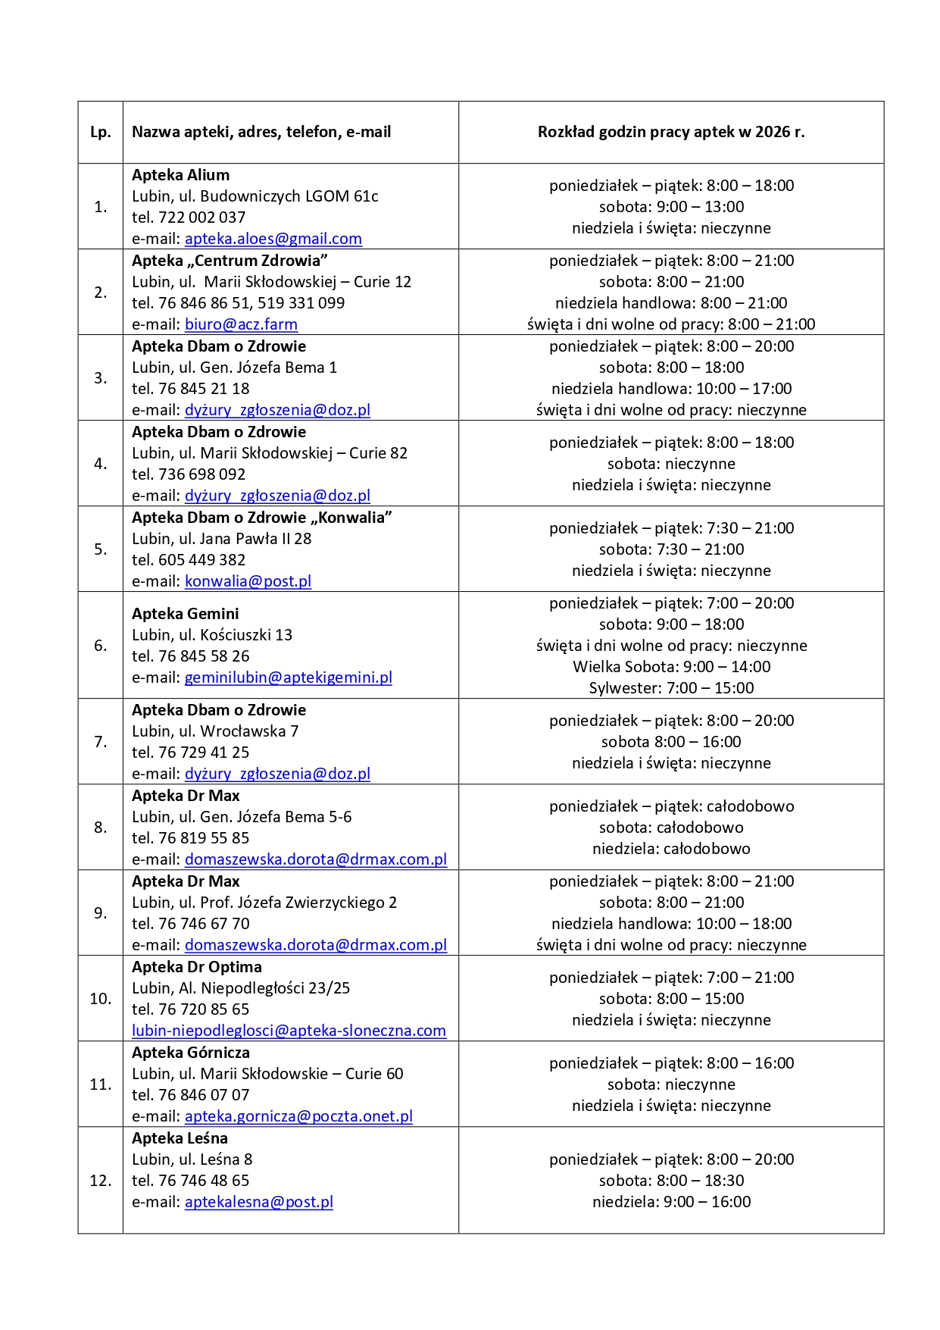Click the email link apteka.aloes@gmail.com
point(273,239)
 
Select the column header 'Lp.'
point(100,132)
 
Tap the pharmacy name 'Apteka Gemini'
point(185,614)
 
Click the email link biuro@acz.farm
point(241,324)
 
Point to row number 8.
point(100,827)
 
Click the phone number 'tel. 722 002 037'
point(189,217)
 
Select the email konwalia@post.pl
point(248,581)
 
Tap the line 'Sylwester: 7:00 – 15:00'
point(671,688)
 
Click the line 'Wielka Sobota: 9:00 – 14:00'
point(671,667)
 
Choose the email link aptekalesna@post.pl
point(258,1202)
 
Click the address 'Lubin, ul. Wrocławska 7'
point(215,731)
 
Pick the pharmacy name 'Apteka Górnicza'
point(190,1053)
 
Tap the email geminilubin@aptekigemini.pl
point(288,678)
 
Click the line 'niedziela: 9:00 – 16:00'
point(671,1202)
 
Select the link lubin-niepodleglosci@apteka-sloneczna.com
point(289,1031)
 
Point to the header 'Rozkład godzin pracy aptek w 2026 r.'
point(671,132)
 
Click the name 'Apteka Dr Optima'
point(196,967)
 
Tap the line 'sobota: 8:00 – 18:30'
point(671,1181)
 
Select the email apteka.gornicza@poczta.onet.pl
point(298,1116)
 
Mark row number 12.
point(100,1181)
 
